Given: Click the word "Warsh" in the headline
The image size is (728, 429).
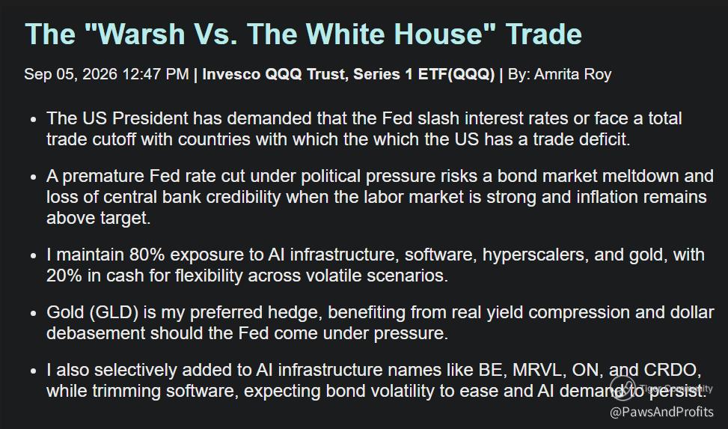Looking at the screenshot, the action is tap(141, 34).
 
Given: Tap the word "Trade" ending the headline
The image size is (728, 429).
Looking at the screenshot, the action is tap(544, 34).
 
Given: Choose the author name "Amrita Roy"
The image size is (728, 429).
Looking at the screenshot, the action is tap(572, 74).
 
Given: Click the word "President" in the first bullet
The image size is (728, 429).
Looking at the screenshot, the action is tap(150, 118).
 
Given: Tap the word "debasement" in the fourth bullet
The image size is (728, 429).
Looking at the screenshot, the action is tap(96, 333).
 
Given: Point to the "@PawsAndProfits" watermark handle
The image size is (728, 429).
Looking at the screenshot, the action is tap(661, 412).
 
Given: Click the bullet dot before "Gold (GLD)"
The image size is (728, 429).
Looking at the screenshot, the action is tap(33, 314).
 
